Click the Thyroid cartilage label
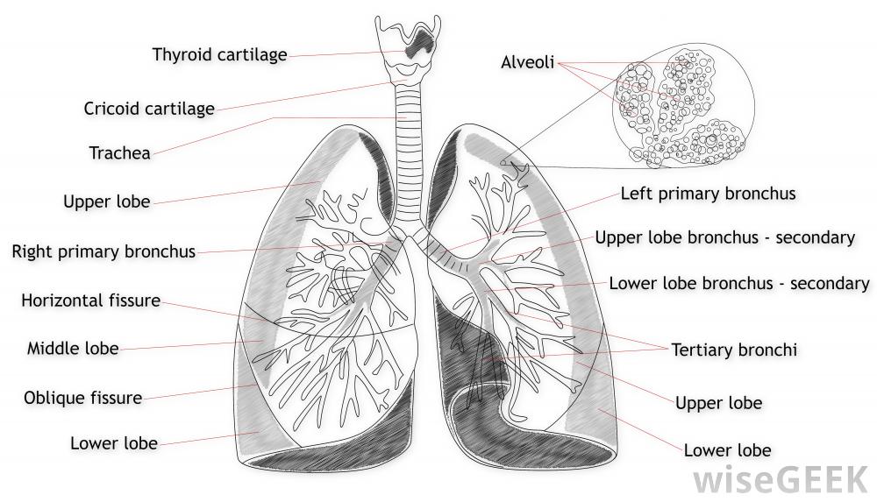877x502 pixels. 219,55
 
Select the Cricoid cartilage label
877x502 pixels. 149,110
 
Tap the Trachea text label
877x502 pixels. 119,153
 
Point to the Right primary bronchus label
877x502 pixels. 103,252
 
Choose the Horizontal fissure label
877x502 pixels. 90,300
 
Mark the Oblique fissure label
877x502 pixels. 82,398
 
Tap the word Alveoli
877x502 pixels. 527,63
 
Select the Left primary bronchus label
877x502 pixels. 708,194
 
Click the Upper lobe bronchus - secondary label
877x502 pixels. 724,237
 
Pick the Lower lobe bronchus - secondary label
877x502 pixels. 738,283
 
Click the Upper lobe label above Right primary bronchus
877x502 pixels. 106,202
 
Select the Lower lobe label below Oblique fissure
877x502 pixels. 114,443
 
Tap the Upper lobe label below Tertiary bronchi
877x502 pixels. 718,404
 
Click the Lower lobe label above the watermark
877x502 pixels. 727,450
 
